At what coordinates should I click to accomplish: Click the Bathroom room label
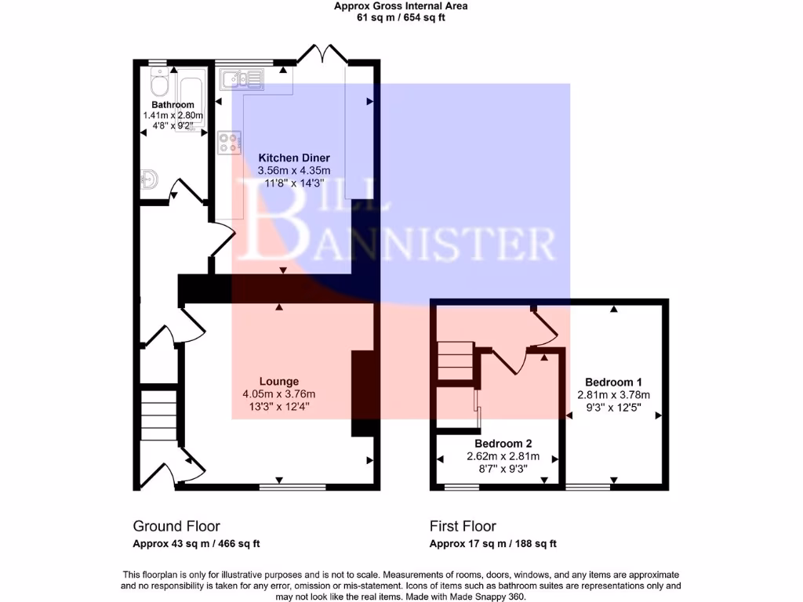click(173, 105)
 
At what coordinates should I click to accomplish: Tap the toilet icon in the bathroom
click(159, 82)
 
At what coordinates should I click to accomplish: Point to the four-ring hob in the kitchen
click(229, 143)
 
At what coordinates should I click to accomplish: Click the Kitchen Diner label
click(295, 158)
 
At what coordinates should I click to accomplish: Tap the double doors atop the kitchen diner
click(322, 55)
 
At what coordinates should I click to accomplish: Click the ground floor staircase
click(159, 419)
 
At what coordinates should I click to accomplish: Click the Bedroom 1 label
click(614, 383)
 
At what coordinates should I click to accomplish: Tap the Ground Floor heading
click(176, 526)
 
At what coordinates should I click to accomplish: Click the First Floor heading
click(463, 526)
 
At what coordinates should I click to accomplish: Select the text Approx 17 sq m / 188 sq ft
click(492, 544)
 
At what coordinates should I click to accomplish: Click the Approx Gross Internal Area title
click(401, 6)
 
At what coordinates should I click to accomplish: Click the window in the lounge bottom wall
click(292, 487)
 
